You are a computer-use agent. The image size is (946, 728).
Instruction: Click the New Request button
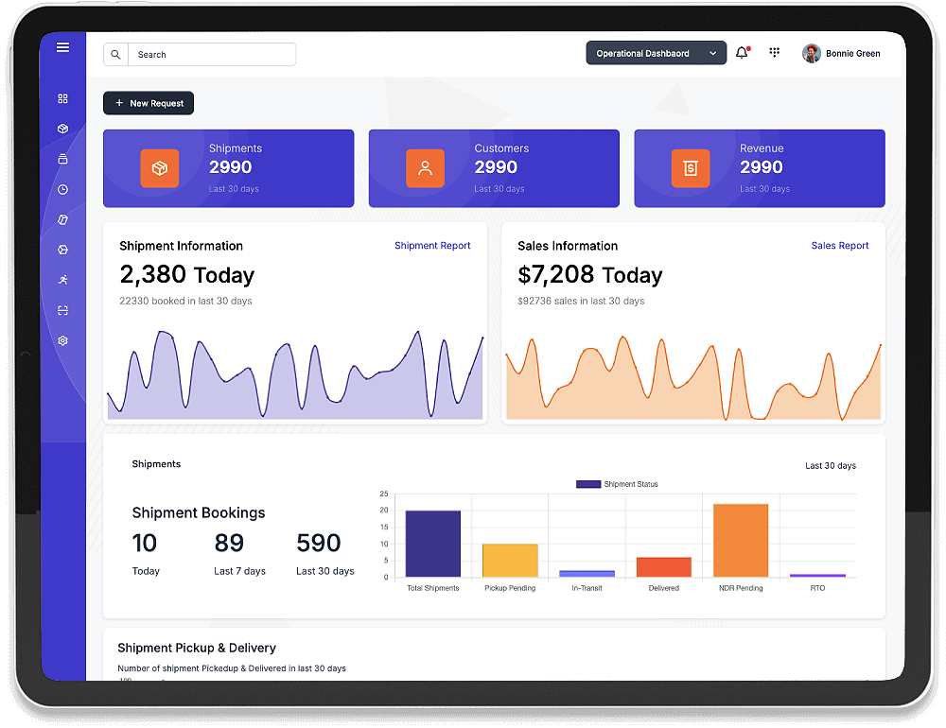coord(149,103)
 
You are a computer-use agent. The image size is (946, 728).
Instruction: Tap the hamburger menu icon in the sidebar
coord(62,47)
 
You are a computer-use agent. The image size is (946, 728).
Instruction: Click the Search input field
coord(211,55)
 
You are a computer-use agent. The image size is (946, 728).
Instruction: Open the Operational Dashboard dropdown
coord(656,54)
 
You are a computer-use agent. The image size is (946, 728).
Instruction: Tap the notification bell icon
coord(742,54)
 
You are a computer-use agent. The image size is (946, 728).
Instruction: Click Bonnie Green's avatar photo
coord(812,54)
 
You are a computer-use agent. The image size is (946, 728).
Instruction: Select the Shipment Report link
coord(432,246)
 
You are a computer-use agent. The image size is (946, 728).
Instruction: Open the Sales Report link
coord(840,246)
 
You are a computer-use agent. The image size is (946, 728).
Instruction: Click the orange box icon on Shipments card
coord(160,168)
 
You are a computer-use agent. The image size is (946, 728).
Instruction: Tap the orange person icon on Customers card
coord(425,168)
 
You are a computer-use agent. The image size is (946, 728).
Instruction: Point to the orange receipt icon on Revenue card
coord(691,168)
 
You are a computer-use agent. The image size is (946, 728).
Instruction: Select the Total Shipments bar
coord(433,544)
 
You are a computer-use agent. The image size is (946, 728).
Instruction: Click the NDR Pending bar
coord(741,540)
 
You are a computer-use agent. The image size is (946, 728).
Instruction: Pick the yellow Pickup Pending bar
coord(510,561)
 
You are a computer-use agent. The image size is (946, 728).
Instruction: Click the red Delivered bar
coord(664,567)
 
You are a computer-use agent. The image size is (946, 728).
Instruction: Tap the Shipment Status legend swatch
coord(588,484)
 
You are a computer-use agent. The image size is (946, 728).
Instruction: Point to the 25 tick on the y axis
coord(384,494)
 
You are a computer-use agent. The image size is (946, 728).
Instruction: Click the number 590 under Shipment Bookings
coord(318,544)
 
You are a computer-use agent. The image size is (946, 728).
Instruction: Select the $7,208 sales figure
coord(556,275)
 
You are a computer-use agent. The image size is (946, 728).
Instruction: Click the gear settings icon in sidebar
coord(62,340)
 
